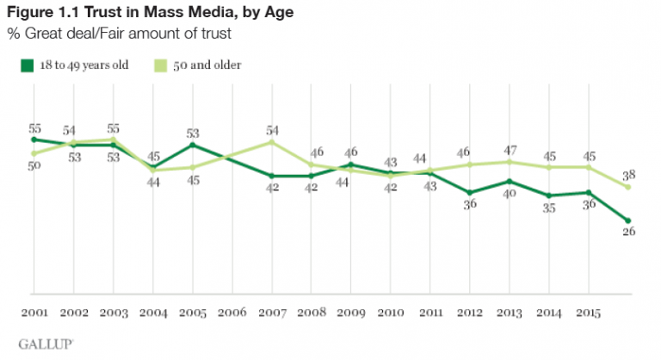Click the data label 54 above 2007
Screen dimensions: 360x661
click(x=273, y=130)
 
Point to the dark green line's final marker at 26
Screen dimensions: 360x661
click(x=629, y=220)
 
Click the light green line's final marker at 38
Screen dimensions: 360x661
click(x=629, y=187)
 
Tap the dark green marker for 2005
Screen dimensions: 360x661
click(x=193, y=145)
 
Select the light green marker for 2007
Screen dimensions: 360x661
click(x=273, y=142)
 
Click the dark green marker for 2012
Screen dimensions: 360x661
click(x=470, y=192)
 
